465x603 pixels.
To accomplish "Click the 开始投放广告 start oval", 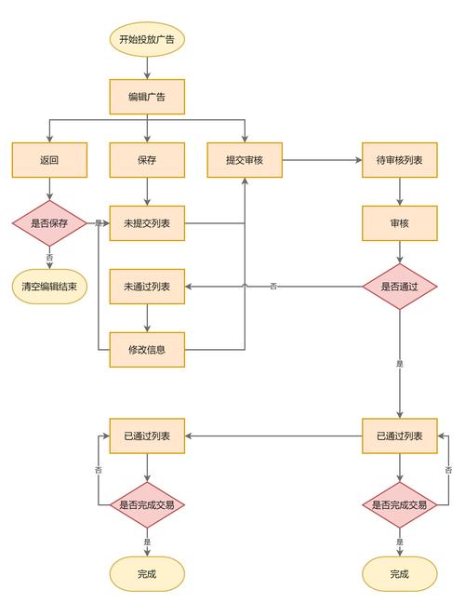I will click(147, 40).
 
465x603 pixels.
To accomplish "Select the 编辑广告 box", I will click(147, 97).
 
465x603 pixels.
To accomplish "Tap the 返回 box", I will click(49, 160).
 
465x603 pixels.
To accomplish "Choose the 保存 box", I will click(147, 160).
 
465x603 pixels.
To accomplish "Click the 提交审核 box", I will click(245, 160).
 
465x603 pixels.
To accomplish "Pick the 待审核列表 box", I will click(399, 160).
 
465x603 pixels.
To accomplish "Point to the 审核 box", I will click(399, 223).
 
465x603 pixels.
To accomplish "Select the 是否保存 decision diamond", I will click(49, 223).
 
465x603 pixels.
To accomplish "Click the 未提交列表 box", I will click(147, 223).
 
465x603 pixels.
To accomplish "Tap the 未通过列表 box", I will click(147, 287).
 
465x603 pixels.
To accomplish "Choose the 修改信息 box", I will click(147, 350).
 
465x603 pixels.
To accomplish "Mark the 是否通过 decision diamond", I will click(399, 287).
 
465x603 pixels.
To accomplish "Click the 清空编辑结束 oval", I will click(49, 287).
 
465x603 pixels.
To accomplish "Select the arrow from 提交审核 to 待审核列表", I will click(322, 160).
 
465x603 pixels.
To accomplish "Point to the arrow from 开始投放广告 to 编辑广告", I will click(147, 68).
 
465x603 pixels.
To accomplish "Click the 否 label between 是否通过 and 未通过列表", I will click(273, 287).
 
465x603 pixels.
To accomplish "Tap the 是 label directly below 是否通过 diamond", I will click(399, 363).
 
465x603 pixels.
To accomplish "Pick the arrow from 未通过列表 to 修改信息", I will click(147, 318).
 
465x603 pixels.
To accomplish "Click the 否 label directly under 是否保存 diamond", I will click(49, 257).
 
